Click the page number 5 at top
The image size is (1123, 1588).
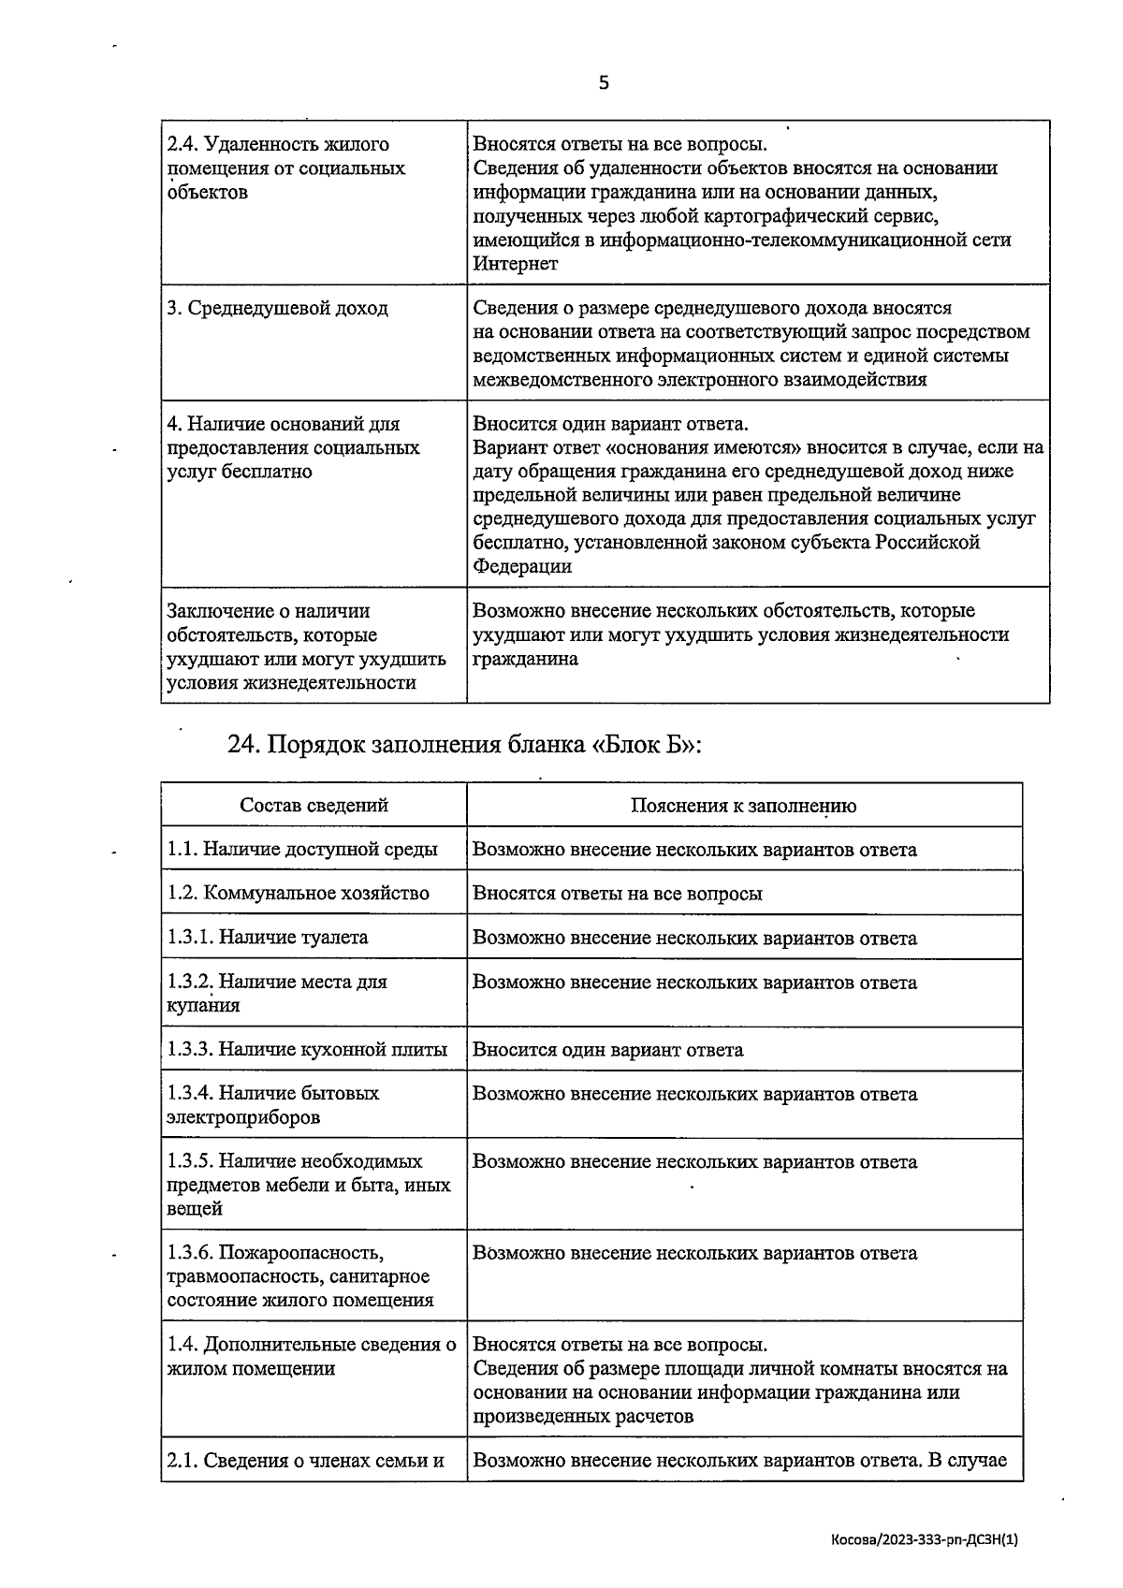(x=603, y=83)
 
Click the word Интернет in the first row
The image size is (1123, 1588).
(x=516, y=264)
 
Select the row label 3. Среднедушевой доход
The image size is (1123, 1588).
(x=277, y=309)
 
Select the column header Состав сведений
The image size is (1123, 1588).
(x=314, y=806)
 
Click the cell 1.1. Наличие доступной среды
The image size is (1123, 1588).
(x=302, y=850)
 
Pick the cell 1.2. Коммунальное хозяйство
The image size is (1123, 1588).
(x=299, y=894)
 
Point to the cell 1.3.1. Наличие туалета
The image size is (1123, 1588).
(x=268, y=938)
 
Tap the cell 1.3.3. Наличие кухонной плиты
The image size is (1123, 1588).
(x=307, y=1050)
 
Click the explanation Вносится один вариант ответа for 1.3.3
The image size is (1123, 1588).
(x=608, y=1050)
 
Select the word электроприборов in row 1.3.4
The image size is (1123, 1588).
(x=244, y=1117)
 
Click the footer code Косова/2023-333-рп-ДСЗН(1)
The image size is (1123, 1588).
(x=924, y=1539)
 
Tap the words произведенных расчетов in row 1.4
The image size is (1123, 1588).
(x=583, y=1417)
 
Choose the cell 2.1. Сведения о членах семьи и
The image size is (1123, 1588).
(x=305, y=1461)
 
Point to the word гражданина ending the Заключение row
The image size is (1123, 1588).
(x=525, y=659)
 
